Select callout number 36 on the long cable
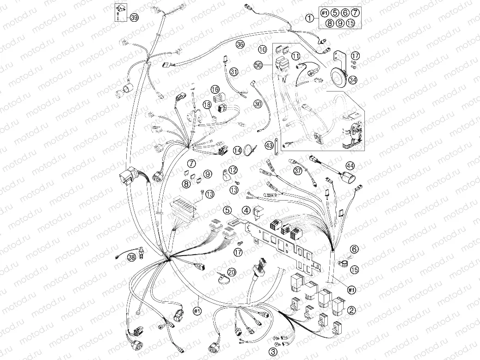[x=240, y=45]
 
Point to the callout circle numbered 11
[x=296, y=56]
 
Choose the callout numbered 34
[x=353, y=80]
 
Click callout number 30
[x=258, y=104]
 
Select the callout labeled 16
[x=215, y=89]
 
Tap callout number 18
[x=207, y=105]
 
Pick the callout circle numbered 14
[x=238, y=150]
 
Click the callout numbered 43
[x=269, y=146]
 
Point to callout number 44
[x=350, y=165]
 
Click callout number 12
[x=233, y=170]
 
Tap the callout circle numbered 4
[x=247, y=210]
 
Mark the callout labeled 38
[x=133, y=257]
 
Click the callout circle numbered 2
[x=352, y=310]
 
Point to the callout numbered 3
[x=274, y=352]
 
